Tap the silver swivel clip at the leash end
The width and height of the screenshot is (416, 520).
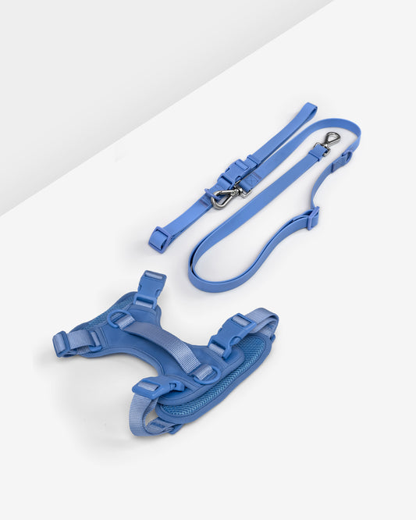[x=331, y=140]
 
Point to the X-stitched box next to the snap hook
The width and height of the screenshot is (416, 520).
[x=250, y=180]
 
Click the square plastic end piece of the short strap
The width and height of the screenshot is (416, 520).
[x=158, y=239]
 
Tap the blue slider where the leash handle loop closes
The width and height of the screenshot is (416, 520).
[x=312, y=218]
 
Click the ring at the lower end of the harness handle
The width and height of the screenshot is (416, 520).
[x=204, y=373]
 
